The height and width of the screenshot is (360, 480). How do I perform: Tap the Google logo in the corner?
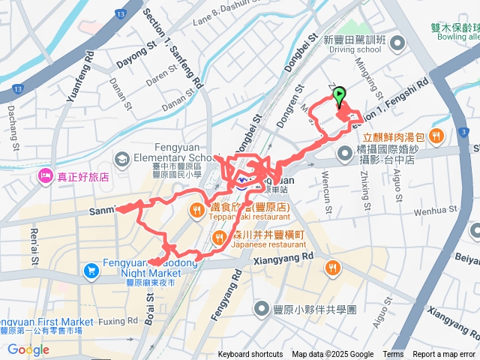click(28, 349)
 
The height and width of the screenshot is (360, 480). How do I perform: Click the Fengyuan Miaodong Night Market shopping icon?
click(91, 268)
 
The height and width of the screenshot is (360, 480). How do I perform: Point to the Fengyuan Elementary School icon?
click(121, 159)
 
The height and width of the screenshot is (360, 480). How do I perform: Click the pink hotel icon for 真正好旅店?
click(45, 178)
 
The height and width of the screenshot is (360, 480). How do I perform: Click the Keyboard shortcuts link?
click(250, 355)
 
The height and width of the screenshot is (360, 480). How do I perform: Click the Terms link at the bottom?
click(393, 355)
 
